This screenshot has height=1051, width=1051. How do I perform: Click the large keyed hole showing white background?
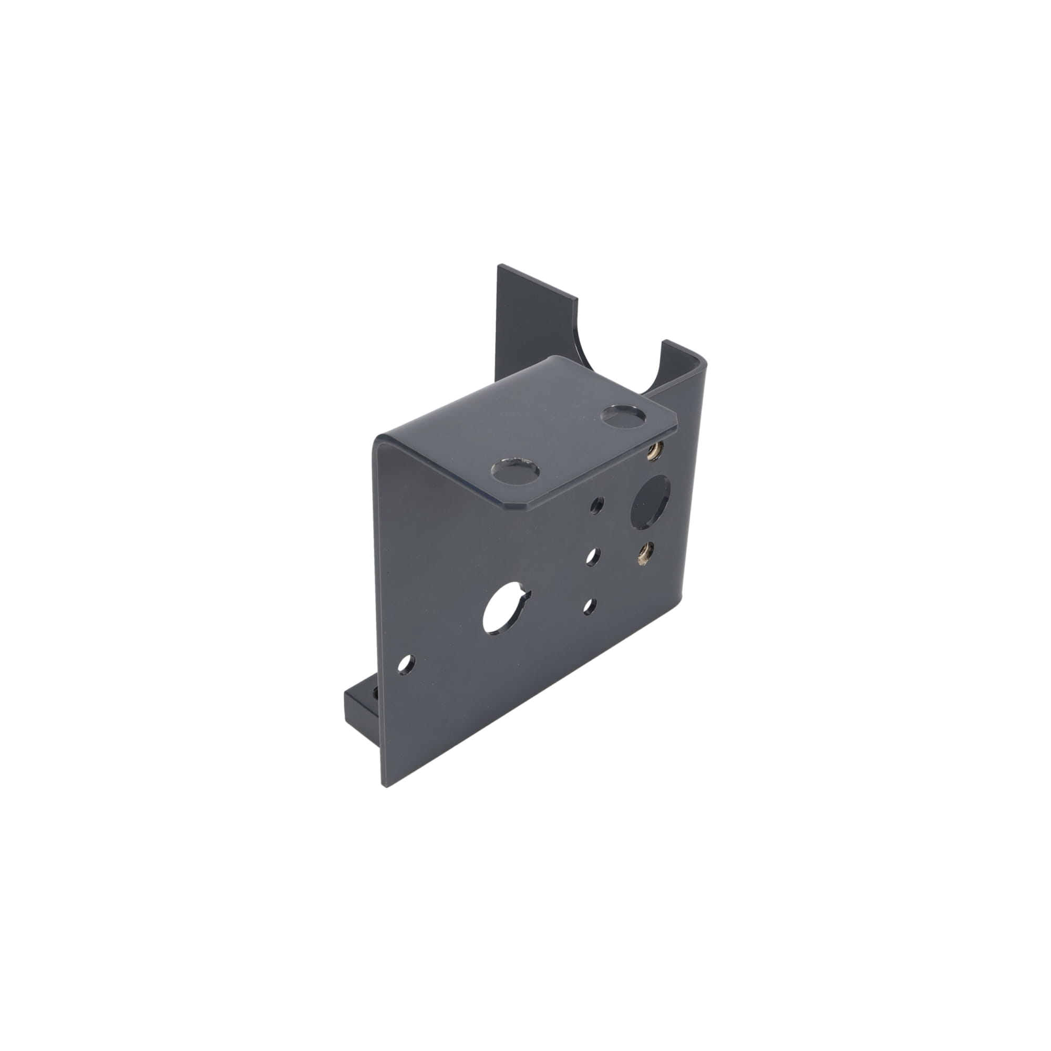pyautogui.click(x=502, y=612)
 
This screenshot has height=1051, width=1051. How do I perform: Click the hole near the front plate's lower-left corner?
pyautogui.click(x=406, y=664)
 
